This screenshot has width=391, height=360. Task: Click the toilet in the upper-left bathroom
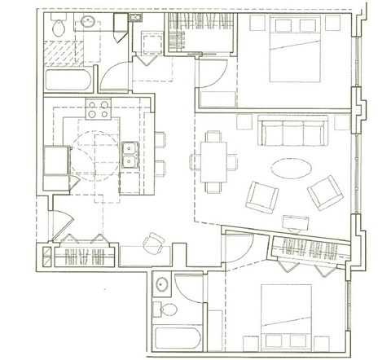(58, 28)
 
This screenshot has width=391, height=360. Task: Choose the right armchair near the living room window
(323, 192)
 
